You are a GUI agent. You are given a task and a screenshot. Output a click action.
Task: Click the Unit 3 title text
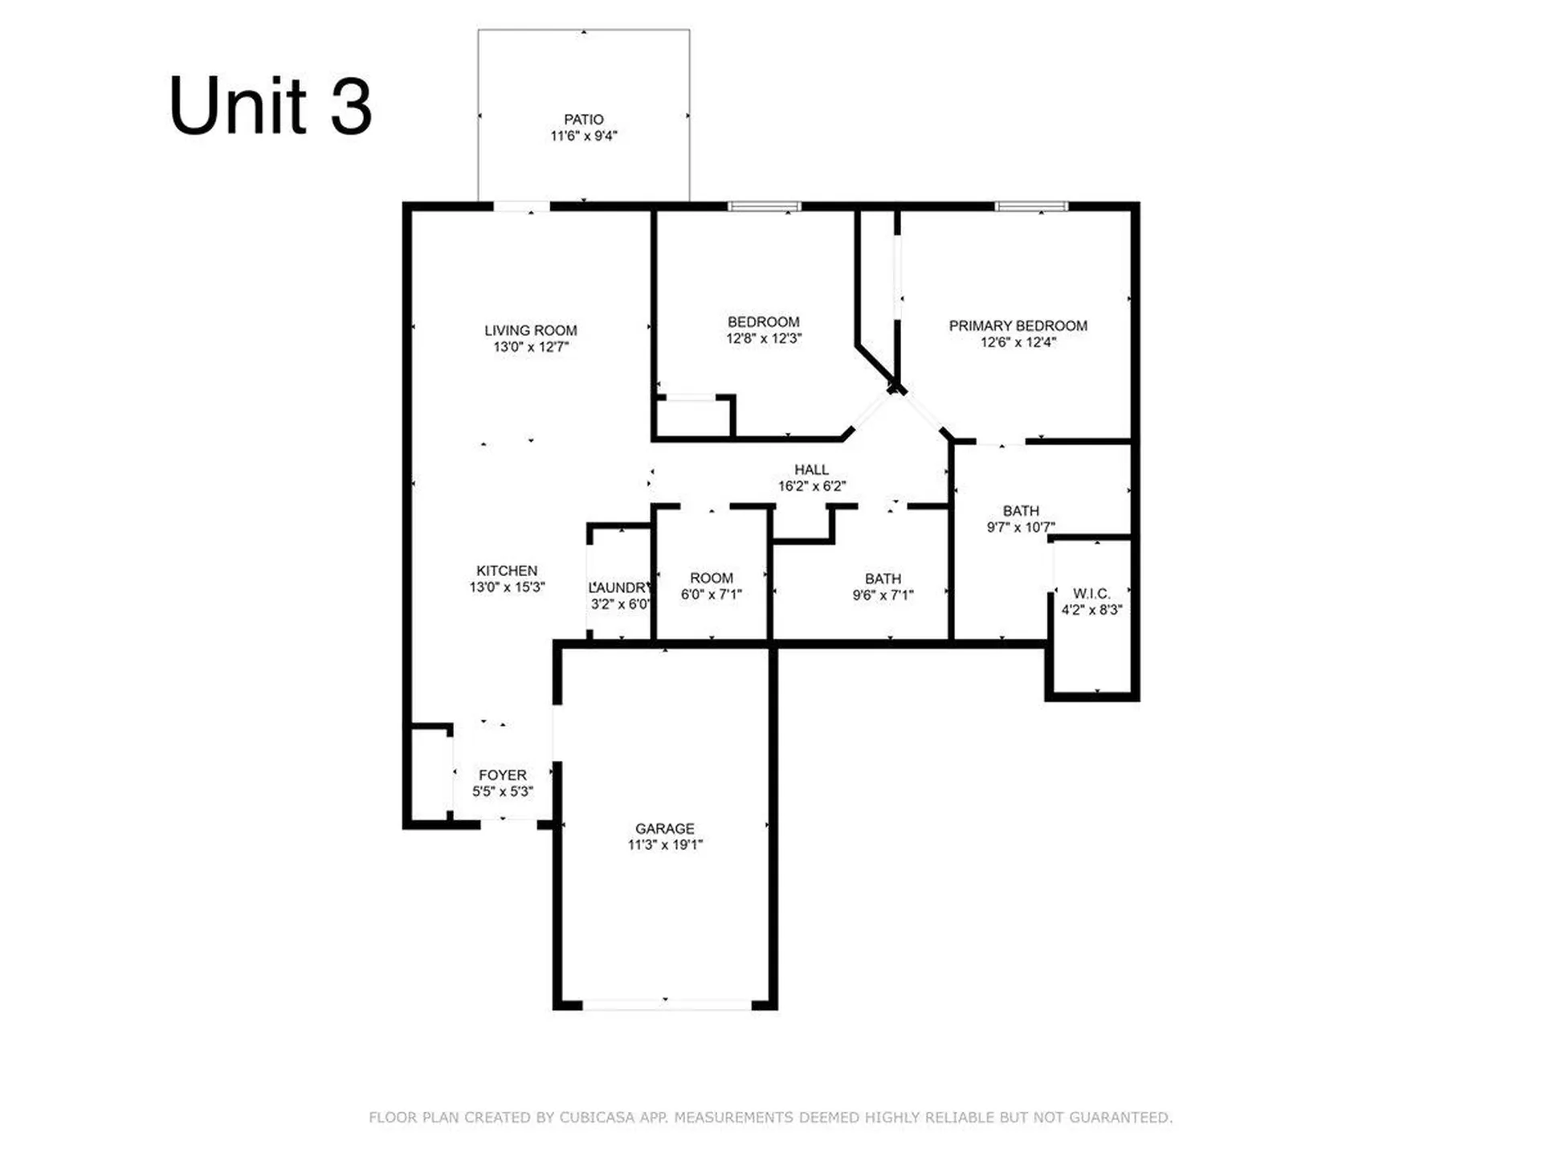[270, 106]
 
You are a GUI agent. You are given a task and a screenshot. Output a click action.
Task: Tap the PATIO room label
[583, 120]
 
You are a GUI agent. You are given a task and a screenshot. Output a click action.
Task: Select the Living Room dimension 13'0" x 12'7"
[530, 347]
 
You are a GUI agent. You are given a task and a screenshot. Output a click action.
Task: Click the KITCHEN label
[507, 570]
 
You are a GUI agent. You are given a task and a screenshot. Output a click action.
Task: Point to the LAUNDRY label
[619, 587]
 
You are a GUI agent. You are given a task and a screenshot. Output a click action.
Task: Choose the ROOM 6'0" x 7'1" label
[711, 586]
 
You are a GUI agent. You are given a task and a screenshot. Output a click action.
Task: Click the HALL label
[811, 469]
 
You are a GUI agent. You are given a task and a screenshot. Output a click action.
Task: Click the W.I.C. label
[1091, 594]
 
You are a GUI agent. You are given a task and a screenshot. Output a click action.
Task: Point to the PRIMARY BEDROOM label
[1018, 325]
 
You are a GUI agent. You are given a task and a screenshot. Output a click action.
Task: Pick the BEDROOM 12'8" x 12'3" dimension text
[763, 339]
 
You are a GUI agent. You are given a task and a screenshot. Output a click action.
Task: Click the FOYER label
[503, 775]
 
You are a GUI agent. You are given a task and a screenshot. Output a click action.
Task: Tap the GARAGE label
[664, 828]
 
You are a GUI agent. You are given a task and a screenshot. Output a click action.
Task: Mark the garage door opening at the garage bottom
[666, 1004]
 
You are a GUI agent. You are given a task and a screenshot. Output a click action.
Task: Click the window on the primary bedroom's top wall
[1031, 206]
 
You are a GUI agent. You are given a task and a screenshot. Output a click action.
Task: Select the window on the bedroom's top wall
[764, 206]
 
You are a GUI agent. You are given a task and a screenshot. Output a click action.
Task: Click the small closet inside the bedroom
[692, 418]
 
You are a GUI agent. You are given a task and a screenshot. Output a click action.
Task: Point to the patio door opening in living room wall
[521, 206]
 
